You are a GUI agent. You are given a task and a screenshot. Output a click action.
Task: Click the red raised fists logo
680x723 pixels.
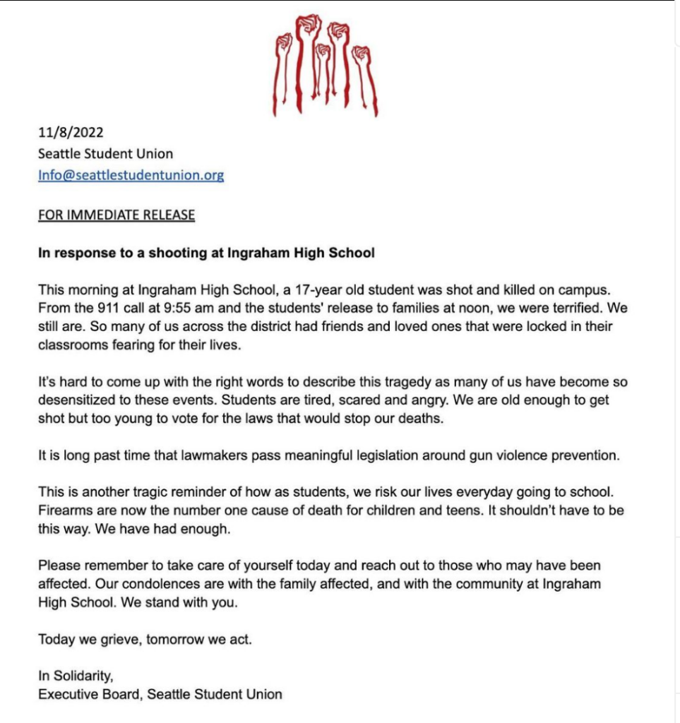point(324,64)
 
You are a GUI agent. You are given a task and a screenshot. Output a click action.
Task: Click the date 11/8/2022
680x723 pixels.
point(71,132)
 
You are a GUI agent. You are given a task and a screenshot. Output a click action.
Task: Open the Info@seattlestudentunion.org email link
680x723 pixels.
point(131,175)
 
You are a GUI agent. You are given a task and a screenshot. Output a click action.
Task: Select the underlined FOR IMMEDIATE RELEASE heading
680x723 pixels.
point(116,215)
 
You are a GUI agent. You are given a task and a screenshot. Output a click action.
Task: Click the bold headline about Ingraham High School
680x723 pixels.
point(206,253)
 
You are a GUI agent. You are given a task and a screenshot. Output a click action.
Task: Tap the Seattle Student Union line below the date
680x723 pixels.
point(105,153)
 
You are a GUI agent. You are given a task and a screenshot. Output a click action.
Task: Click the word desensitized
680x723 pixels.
point(78,400)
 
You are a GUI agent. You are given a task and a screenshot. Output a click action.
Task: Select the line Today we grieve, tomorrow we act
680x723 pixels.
point(145,640)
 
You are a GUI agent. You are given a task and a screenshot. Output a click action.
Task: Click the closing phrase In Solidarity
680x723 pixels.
point(75,676)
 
